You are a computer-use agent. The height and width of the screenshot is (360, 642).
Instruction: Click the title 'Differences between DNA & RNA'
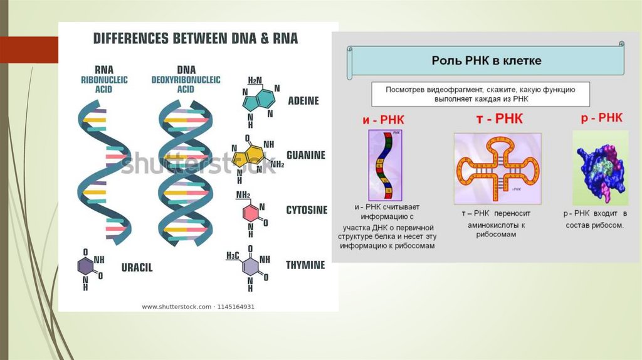click(x=196, y=39)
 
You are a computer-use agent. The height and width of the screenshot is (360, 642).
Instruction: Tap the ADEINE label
click(x=303, y=101)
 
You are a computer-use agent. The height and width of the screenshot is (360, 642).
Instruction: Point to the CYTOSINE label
click(x=307, y=210)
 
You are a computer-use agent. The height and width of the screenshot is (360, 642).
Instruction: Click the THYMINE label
click(x=306, y=265)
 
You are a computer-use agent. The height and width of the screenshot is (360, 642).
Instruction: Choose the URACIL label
click(x=137, y=267)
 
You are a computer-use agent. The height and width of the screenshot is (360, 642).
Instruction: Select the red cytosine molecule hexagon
click(x=250, y=214)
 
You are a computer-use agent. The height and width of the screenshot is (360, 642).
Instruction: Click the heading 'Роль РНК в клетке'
click(x=487, y=61)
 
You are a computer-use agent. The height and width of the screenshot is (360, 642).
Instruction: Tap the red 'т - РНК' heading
click(x=499, y=119)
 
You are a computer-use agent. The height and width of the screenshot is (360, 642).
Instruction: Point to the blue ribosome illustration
click(x=600, y=168)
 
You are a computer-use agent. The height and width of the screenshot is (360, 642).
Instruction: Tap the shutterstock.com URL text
click(x=198, y=307)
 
